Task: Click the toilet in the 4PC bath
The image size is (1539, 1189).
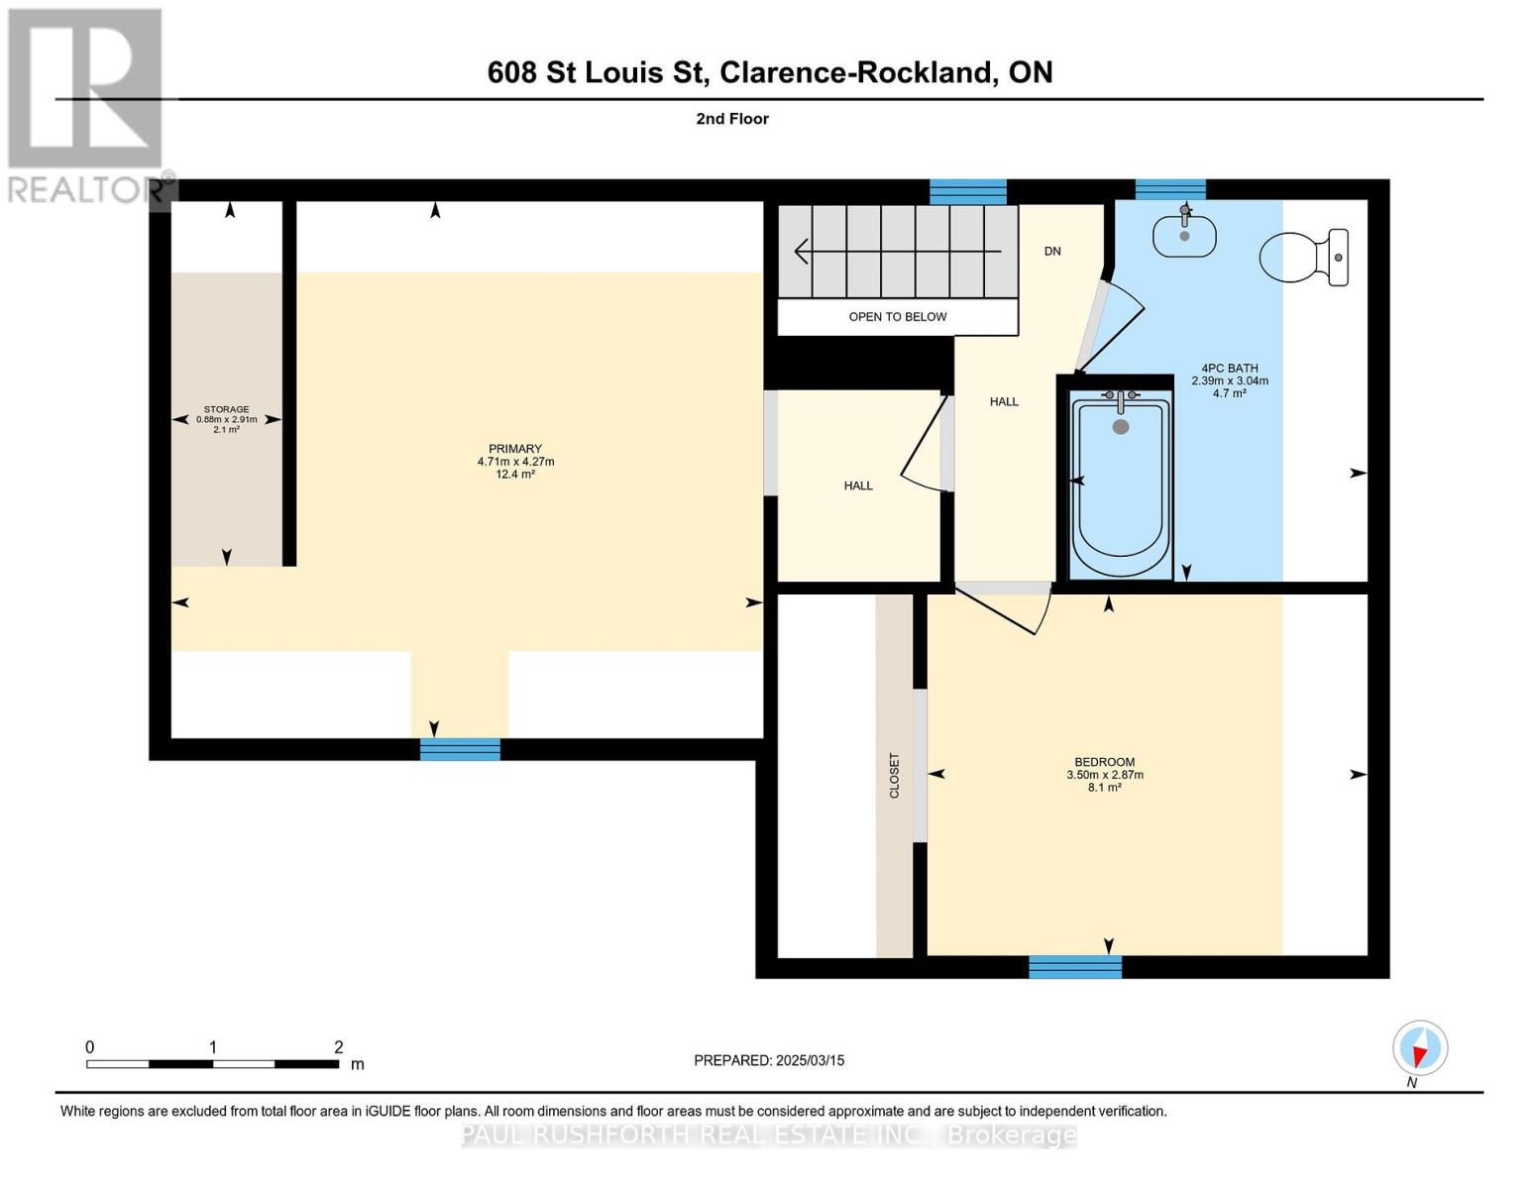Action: click(x=1303, y=257)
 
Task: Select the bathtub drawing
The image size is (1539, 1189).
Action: click(x=1121, y=483)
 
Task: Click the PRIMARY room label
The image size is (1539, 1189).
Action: click(x=515, y=449)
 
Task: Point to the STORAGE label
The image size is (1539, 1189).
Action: click(x=227, y=409)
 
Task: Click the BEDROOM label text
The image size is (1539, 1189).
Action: click(x=1105, y=762)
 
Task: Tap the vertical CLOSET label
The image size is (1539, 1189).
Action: click(x=894, y=776)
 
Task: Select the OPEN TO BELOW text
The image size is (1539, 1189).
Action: click(x=897, y=316)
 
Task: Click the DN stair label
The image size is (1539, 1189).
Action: click(x=1052, y=251)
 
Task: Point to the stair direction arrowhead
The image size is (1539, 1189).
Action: click(x=801, y=251)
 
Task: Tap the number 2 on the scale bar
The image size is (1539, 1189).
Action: click(x=339, y=1046)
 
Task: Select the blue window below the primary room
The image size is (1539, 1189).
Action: click(x=461, y=749)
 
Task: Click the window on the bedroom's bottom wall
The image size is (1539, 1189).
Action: click(x=1075, y=967)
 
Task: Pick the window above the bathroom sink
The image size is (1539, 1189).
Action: click(x=1170, y=190)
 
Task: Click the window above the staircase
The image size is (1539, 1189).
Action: click(x=968, y=191)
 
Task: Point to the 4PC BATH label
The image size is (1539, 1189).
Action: click(x=1230, y=369)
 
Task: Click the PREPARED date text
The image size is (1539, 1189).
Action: click(x=769, y=1060)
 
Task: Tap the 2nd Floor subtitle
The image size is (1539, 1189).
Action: click(x=732, y=119)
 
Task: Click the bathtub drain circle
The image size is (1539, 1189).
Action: click(x=1121, y=426)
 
